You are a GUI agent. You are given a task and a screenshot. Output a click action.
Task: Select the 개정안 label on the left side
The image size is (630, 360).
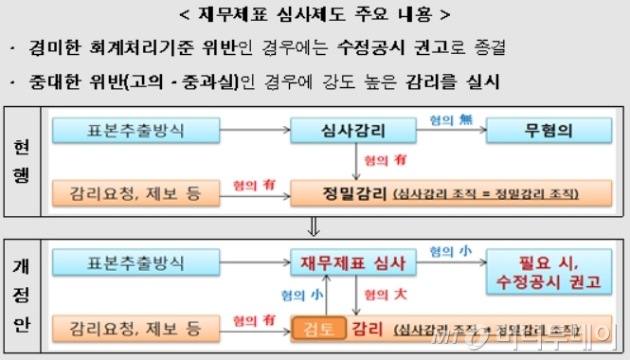21,295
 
